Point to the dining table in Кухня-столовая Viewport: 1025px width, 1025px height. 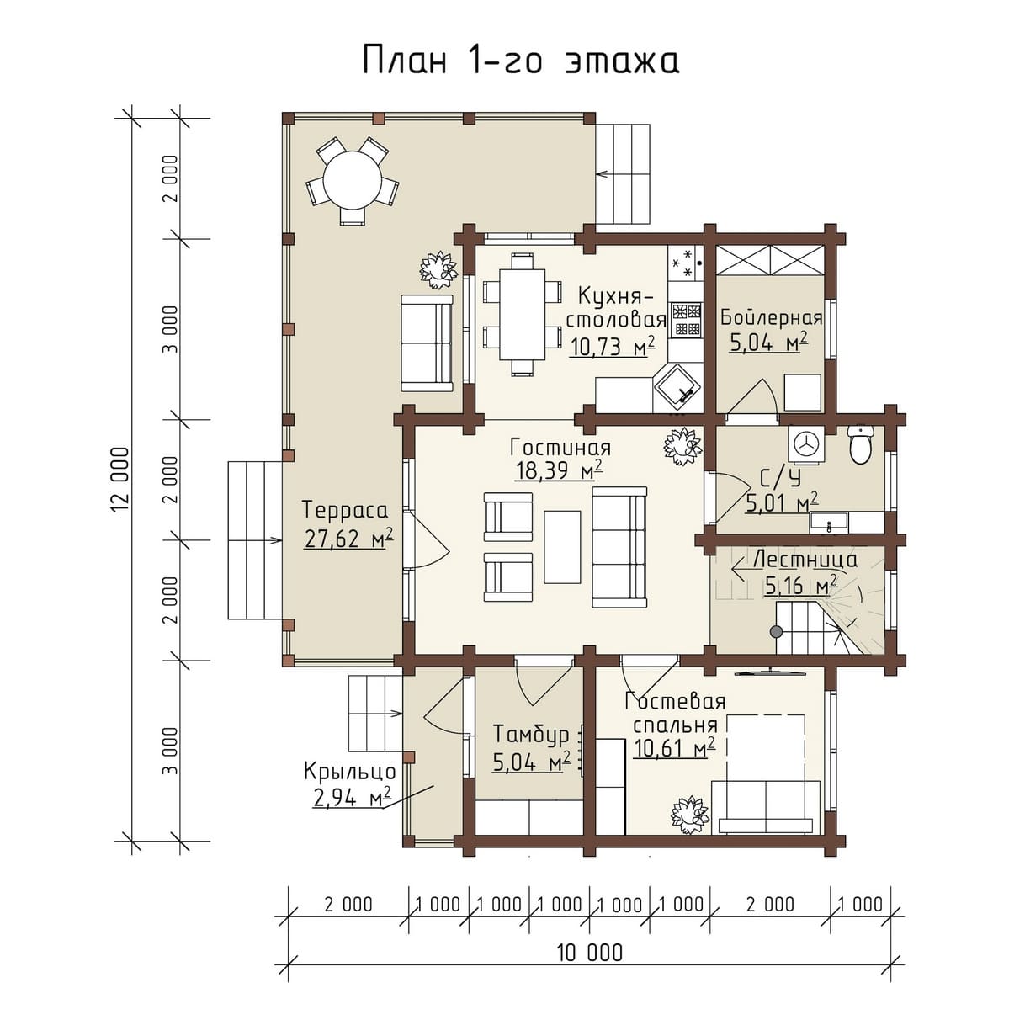523,315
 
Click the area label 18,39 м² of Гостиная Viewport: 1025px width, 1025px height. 559,470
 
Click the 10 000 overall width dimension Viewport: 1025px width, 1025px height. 590,953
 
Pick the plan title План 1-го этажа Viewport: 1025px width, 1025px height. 521,60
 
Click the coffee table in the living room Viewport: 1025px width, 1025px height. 561,547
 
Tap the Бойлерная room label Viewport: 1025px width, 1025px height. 772,318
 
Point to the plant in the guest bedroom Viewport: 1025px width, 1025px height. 690,816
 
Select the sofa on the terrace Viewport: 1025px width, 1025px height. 427,343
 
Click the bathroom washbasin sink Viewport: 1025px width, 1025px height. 829,522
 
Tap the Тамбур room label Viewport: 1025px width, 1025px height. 531,735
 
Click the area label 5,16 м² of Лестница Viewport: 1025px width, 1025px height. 802,587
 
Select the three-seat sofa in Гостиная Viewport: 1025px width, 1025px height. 620,547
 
